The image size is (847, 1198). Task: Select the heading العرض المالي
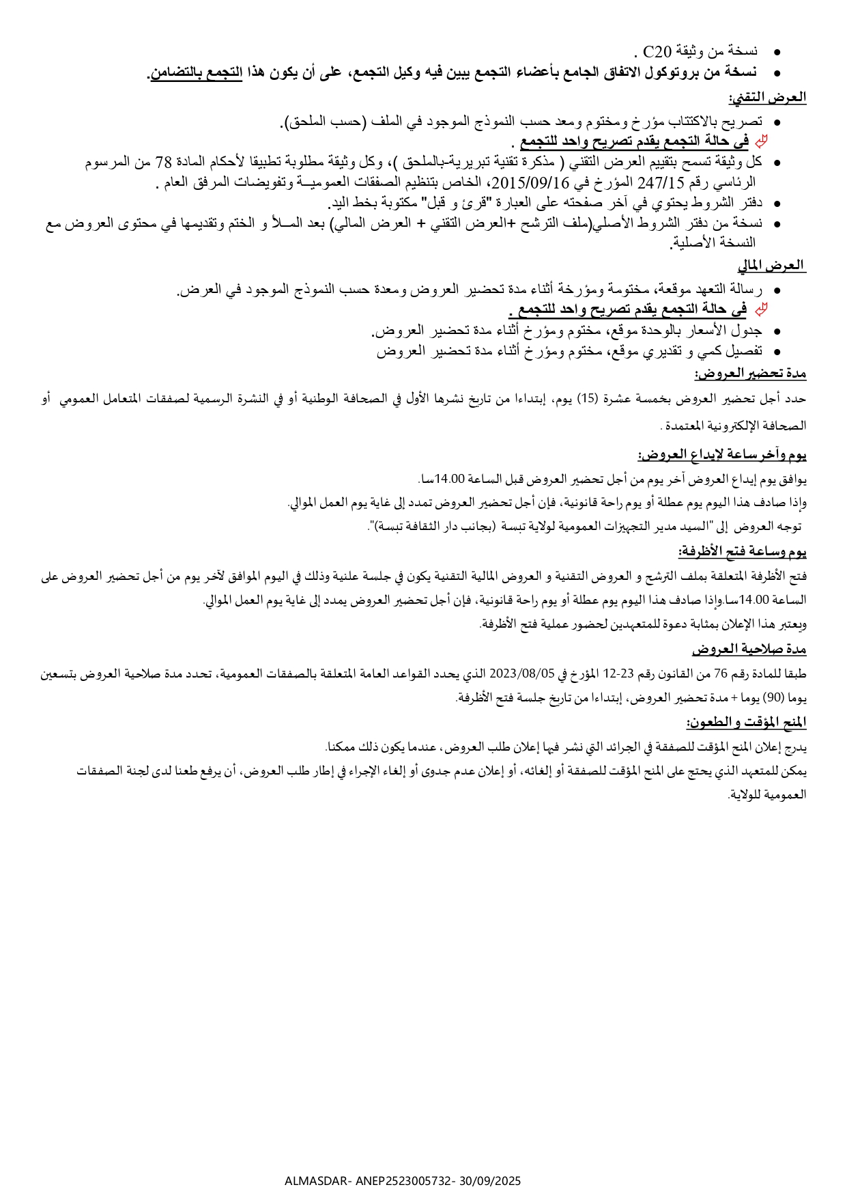[771, 265]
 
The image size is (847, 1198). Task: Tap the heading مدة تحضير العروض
[751, 374]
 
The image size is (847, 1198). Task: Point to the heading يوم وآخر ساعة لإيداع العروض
[722, 455]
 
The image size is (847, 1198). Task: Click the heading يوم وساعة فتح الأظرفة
[742, 551]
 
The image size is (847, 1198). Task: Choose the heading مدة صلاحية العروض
[749, 648]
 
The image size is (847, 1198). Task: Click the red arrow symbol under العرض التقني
[761, 141]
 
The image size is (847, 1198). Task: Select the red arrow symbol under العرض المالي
[761, 309]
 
